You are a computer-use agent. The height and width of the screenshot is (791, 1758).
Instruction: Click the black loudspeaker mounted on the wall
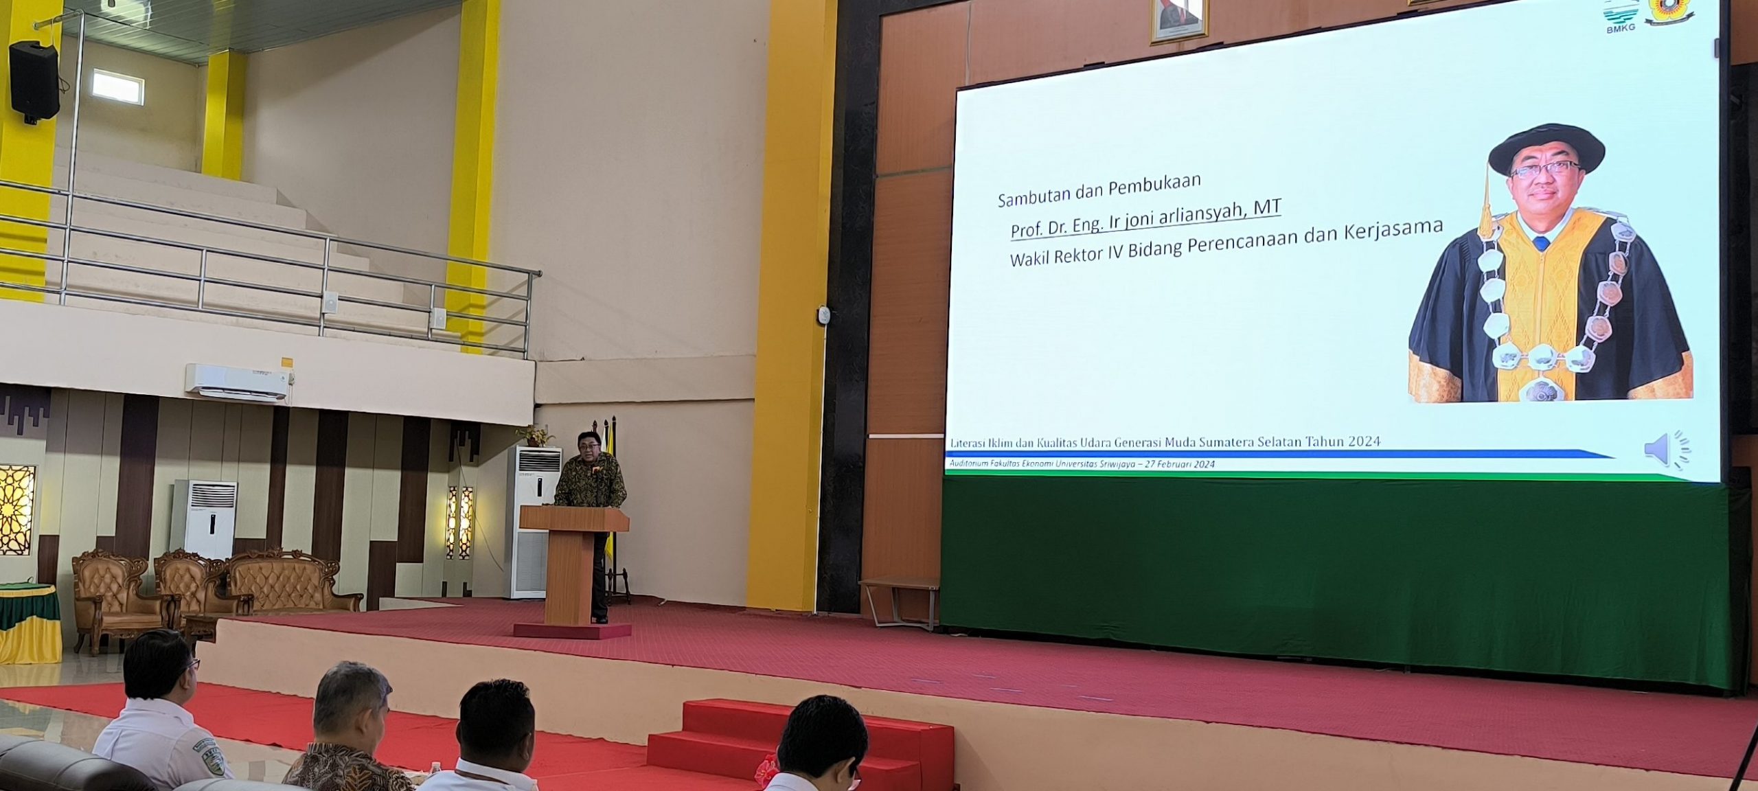[34, 81]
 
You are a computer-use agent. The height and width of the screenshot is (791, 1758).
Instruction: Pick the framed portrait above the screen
[1178, 20]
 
